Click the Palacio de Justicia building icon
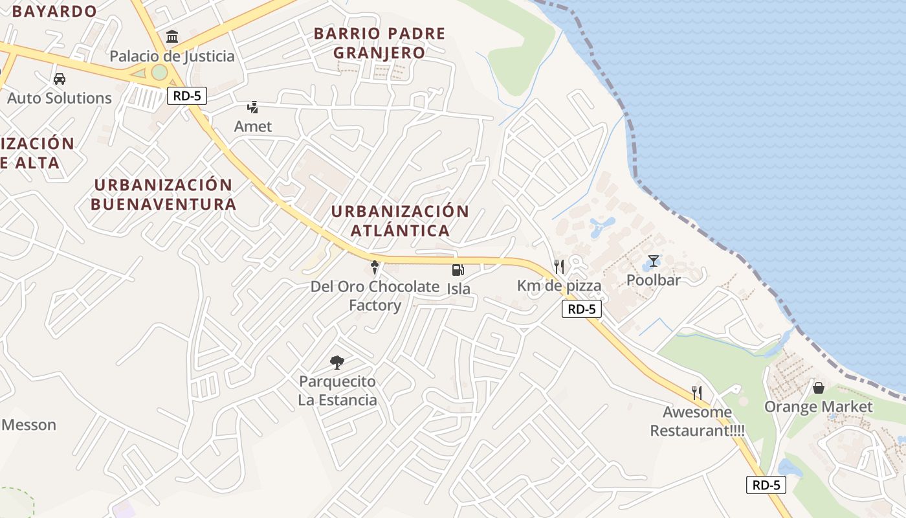(x=172, y=36)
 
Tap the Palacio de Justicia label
(x=172, y=56)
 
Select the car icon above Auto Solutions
(x=60, y=79)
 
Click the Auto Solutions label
(x=60, y=98)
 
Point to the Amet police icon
(x=253, y=107)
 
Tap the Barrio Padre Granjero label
(x=380, y=43)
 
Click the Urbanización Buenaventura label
(x=163, y=194)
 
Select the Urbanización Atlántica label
(x=400, y=221)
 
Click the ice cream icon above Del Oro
(x=374, y=266)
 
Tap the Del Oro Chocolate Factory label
(x=375, y=295)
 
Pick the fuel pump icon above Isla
(x=458, y=269)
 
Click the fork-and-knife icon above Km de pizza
(x=559, y=266)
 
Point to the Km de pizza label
(x=559, y=286)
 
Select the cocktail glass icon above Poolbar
(x=654, y=261)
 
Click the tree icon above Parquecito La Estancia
(x=337, y=362)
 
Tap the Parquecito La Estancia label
(x=337, y=390)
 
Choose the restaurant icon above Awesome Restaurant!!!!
(x=697, y=392)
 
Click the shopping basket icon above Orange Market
(x=819, y=388)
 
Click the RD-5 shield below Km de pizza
(x=581, y=309)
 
